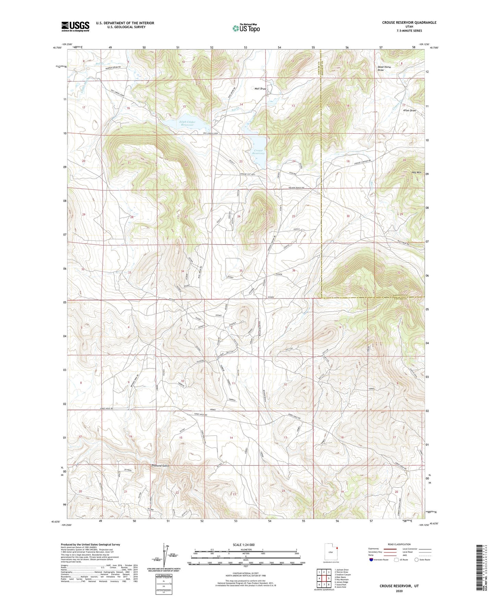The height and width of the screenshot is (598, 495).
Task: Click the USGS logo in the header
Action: (x=75, y=26)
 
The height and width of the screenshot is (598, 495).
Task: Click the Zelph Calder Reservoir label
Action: (x=187, y=123)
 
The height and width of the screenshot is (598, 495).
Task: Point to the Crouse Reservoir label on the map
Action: (x=259, y=152)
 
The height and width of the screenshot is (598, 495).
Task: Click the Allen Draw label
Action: (x=409, y=111)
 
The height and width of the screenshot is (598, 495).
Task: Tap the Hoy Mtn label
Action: (x=416, y=172)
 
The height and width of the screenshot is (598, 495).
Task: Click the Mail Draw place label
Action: (x=260, y=89)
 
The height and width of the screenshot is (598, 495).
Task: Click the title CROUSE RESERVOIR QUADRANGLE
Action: (x=409, y=23)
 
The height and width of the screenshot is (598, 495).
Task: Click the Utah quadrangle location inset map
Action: (x=331, y=553)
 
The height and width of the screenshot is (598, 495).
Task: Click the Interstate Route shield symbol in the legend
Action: (x=372, y=560)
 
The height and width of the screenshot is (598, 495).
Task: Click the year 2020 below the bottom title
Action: (x=399, y=591)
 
